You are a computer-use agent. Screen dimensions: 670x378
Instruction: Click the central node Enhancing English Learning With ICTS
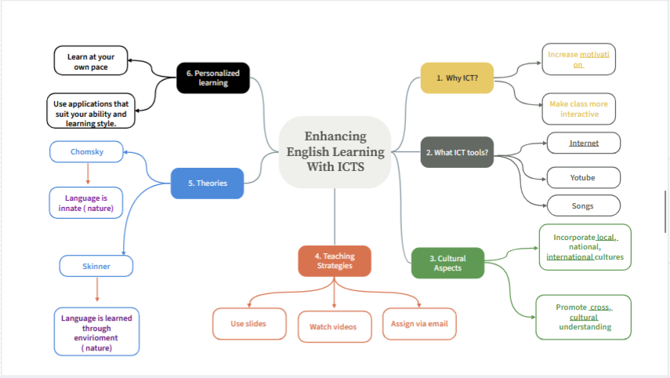[335, 152]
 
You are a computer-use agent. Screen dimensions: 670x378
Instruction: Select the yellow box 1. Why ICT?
[457, 78]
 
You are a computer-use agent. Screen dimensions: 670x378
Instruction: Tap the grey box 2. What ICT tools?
[457, 152]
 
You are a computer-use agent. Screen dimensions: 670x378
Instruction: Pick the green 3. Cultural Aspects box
[447, 263]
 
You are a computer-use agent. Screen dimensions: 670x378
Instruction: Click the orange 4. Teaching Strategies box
[335, 261]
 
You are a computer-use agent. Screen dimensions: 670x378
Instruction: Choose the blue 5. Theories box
[207, 183]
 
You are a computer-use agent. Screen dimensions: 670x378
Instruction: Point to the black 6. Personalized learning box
[213, 78]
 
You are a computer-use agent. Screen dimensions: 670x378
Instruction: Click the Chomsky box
[86, 152]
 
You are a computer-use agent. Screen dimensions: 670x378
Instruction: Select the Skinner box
[96, 266]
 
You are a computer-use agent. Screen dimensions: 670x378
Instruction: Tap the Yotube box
[583, 177]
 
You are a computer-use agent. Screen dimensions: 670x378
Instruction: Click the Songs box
[583, 205]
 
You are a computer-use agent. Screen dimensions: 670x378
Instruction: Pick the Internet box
[583, 143]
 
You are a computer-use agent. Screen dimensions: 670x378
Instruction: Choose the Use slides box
[249, 324]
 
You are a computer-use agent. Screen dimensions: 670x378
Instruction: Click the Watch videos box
[335, 327]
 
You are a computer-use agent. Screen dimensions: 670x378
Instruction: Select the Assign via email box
[419, 324]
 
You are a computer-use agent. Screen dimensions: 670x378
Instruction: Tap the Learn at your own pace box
[91, 60]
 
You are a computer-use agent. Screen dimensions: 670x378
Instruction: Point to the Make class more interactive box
[578, 109]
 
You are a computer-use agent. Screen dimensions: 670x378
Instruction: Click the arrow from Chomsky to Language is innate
[88, 173]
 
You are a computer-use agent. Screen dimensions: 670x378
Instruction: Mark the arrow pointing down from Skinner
[97, 290]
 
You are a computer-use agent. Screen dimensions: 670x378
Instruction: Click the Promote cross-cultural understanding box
[583, 318]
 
